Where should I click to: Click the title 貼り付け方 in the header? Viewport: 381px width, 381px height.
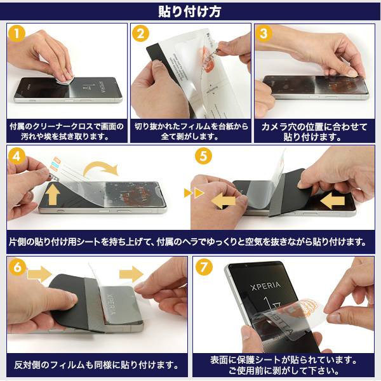click(x=189, y=11)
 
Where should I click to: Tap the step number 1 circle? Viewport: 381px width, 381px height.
click(x=17, y=34)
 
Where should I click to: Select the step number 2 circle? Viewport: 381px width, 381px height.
click(x=140, y=34)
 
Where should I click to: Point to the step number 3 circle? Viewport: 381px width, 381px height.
click(x=264, y=34)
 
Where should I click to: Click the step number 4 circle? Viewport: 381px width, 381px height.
click(x=17, y=156)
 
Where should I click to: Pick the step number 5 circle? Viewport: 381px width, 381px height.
click(x=203, y=156)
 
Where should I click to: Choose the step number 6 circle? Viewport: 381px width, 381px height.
click(x=17, y=267)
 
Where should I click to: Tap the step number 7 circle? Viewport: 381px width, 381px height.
click(x=204, y=267)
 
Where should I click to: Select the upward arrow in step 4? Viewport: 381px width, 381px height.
click(x=53, y=194)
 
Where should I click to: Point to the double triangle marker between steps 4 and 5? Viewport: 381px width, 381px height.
click(x=194, y=193)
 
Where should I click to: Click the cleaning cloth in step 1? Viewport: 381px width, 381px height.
click(x=63, y=80)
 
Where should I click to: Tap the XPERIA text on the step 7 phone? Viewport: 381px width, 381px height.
click(x=265, y=286)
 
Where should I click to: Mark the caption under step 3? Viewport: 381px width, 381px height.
click(x=314, y=132)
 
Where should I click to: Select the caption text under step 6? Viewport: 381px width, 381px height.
click(x=97, y=365)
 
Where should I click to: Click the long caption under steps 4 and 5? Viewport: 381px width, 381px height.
click(x=187, y=242)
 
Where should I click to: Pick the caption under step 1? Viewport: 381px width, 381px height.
click(x=66, y=131)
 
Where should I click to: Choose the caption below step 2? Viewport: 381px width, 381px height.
click(x=191, y=131)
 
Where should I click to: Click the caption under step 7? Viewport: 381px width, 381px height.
click(x=283, y=365)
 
